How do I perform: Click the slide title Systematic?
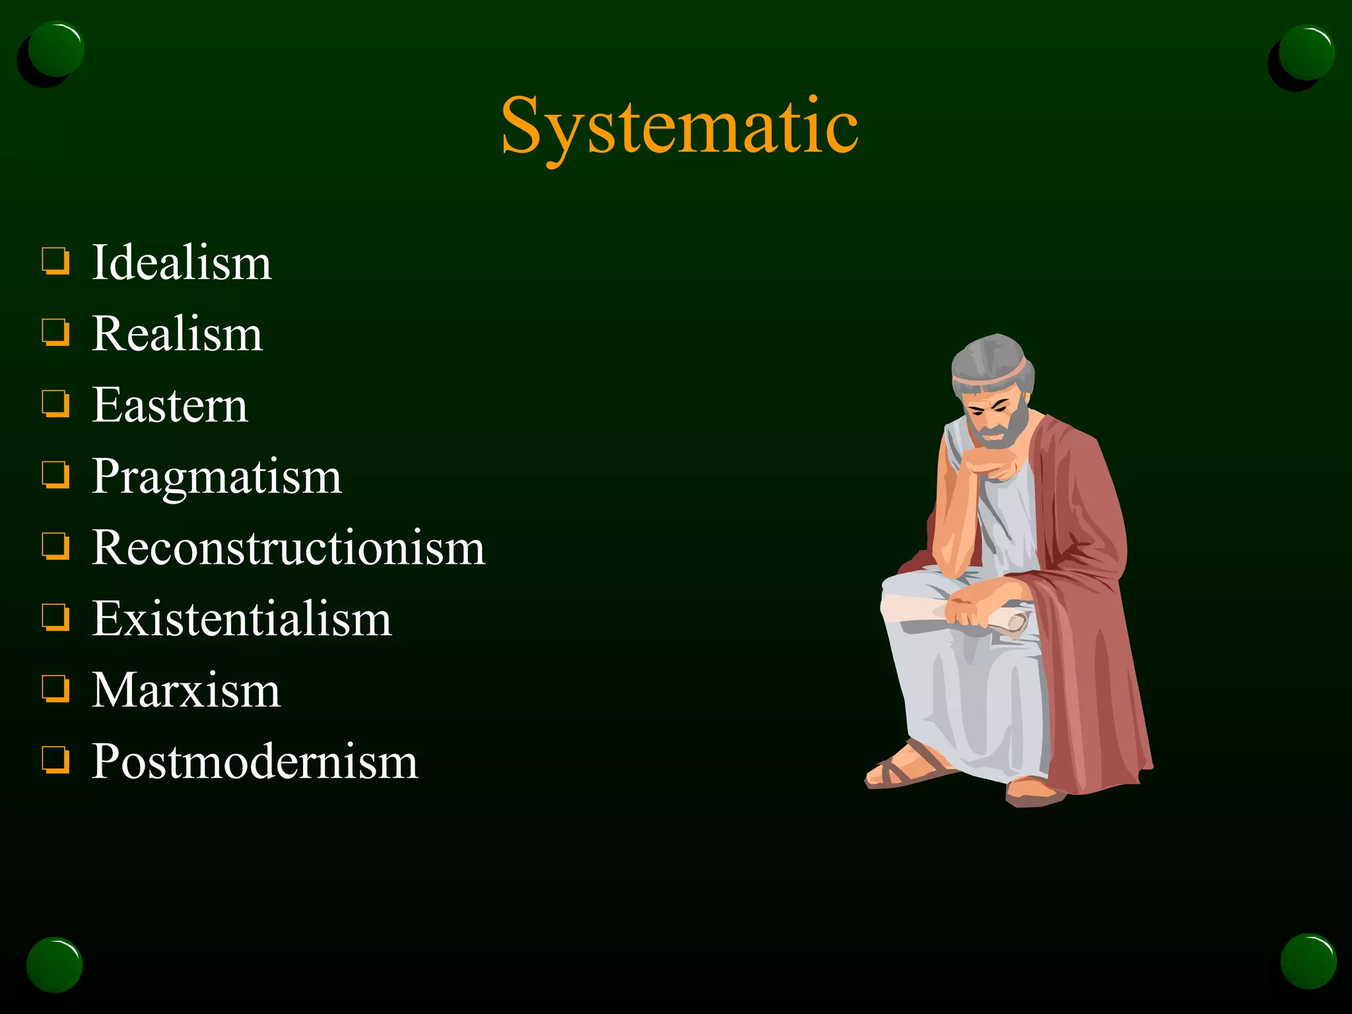pyautogui.click(x=679, y=125)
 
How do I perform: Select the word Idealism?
pyautogui.click(x=182, y=262)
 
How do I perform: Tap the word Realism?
pyautogui.click(x=177, y=333)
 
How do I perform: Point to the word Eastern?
pyautogui.click(x=170, y=405)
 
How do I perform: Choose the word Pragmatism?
pyautogui.click(x=217, y=477)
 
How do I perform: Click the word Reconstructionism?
pyautogui.click(x=288, y=548)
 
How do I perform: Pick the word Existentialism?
pyautogui.click(x=242, y=619)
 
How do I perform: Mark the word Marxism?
pyautogui.click(x=186, y=691)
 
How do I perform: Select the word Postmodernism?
pyautogui.click(x=255, y=762)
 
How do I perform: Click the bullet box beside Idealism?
pyautogui.click(x=55, y=260)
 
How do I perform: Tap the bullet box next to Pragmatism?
pyautogui.click(x=55, y=474)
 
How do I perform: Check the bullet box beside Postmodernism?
pyautogui.click(x=55, y=759)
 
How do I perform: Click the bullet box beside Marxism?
pyautogui.click(x=55, y=688)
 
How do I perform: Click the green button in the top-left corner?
pyautogui.click(x=55, y=50)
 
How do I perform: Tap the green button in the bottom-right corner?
pyautogui.click(x=1308, y=961)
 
